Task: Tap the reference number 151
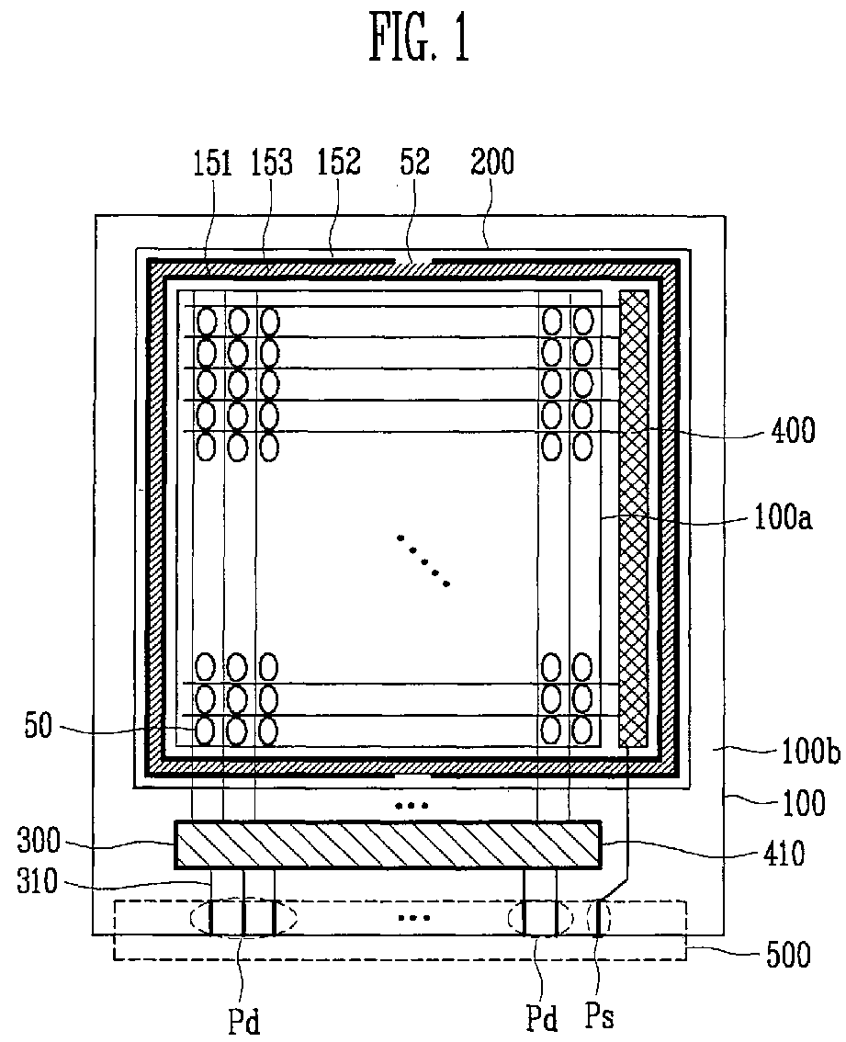click(x=212, y=164)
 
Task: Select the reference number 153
click(x=271, y=164)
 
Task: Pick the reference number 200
click(x=493, y=164)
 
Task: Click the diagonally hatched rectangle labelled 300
click(x=388, y=844)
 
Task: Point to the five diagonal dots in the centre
click(x=423, y=561)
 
